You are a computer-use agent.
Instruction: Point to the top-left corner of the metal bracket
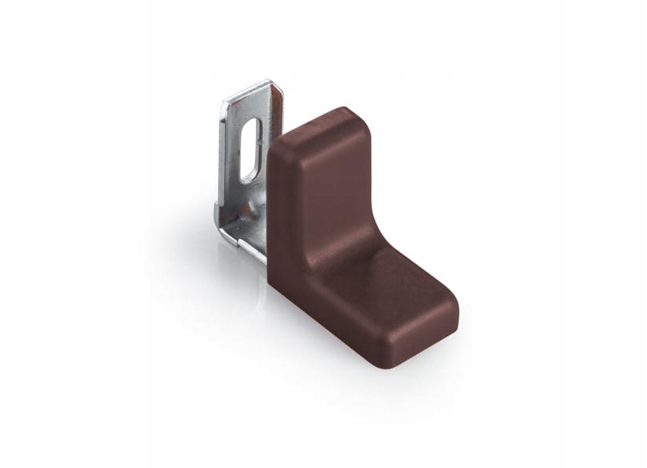pos(224,101)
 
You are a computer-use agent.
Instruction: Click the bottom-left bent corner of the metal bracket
pos(220,235)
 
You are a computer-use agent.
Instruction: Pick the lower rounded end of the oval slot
pos(246,175)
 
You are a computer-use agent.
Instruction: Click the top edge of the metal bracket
pos(249,91)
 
